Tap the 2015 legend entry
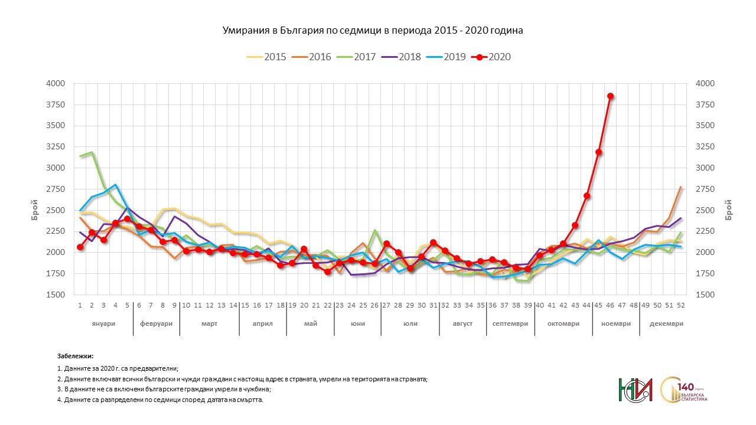tap(275, 57)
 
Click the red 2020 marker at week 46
tap(610, 96)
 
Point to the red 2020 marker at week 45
tap(598, 152)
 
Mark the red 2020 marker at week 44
tap(586, 195)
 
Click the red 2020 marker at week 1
tap(80, 247)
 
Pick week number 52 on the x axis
tap(680, 305)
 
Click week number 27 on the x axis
tap(386, 305)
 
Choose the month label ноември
tap(616, 324)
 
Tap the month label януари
tap(103, 324)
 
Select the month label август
tap(462, 324)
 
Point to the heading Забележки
tap(76, 357)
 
